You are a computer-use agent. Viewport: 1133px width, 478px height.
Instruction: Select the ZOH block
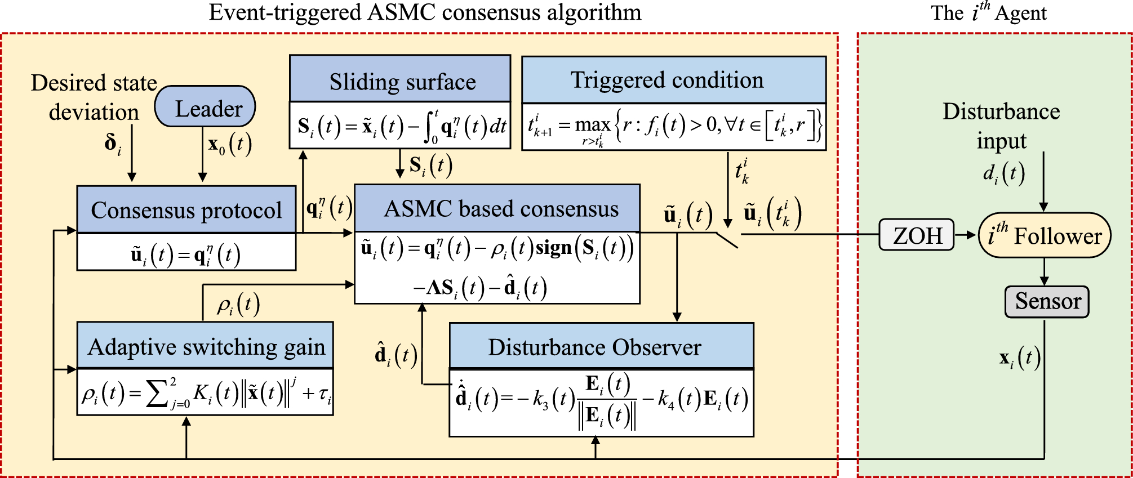click(x=917, y=235)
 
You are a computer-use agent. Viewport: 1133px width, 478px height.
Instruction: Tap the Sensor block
click(x=1047, y=302)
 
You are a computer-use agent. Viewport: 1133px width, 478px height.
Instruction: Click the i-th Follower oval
click(x=1045, y=235)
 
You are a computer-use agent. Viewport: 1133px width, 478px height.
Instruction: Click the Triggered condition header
click(x=674, y=80)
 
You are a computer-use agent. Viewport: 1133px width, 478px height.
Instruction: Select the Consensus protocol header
click(x=186, y=210)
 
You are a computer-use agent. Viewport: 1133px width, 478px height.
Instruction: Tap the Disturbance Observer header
click(x=601, y=346)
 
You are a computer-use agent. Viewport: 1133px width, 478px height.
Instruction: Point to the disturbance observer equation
click(x=601, y=401)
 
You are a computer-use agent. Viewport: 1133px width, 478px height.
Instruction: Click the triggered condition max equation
click(x=674, y=128)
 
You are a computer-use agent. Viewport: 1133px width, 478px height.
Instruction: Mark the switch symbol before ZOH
click(x=728, y=239)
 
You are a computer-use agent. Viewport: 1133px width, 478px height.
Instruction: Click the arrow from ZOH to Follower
click(x=966, y=235)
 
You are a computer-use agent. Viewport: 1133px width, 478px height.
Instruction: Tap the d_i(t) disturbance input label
click(x=1003, y=174)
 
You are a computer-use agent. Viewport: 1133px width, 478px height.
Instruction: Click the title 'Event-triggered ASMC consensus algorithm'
click(x=425, y=12)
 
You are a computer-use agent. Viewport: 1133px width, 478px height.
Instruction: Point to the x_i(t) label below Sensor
click(x=1019, y=359)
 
